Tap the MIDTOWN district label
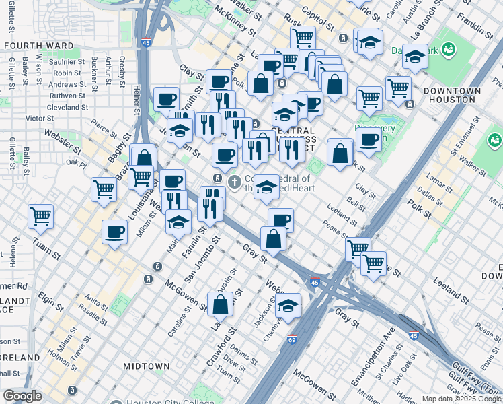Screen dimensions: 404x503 click(146, 366)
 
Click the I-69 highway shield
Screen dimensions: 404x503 click(292, 341)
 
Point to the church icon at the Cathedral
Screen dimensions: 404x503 click(235, 181)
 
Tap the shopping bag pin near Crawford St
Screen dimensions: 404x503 click(220, 304)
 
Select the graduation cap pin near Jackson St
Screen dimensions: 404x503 click(288, 305)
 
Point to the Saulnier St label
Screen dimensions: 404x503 click(65, 62)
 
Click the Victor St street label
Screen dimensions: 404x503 click(40, 118)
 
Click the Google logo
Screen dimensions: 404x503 click(23, 396)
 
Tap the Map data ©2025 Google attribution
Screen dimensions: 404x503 click(461, 399)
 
